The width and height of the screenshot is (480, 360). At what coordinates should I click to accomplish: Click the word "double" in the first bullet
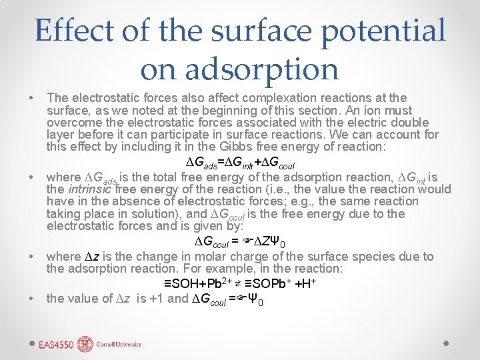coord(409,123)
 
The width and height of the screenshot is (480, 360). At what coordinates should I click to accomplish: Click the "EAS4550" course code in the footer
coord(56,345)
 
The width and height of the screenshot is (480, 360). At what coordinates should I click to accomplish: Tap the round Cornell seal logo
coord(85,344)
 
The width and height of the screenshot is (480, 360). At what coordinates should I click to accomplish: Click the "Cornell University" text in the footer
coord(119,345)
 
